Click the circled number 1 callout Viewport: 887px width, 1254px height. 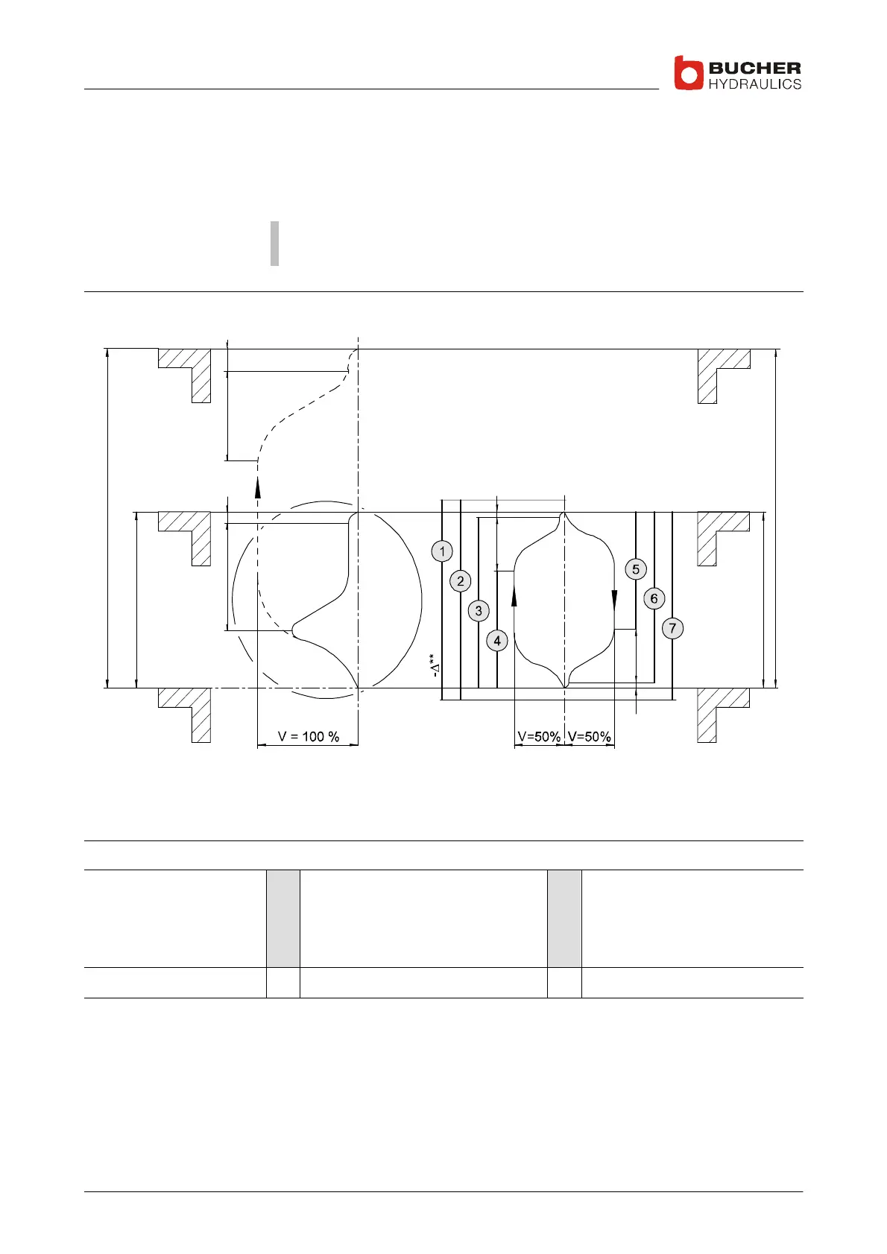(442, 551)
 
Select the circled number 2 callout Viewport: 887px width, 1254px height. (461, 581)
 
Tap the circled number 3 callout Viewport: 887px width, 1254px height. (479, 611)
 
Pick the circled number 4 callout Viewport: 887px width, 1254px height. (496, 641)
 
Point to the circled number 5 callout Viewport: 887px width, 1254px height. (636, 569)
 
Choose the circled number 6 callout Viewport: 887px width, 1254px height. (654, 598)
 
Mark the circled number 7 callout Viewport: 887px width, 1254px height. (672, 628)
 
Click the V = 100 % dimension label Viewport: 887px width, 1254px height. (309, 737)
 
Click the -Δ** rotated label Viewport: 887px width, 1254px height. (434, 665)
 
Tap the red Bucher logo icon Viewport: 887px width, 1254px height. (688, 73)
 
